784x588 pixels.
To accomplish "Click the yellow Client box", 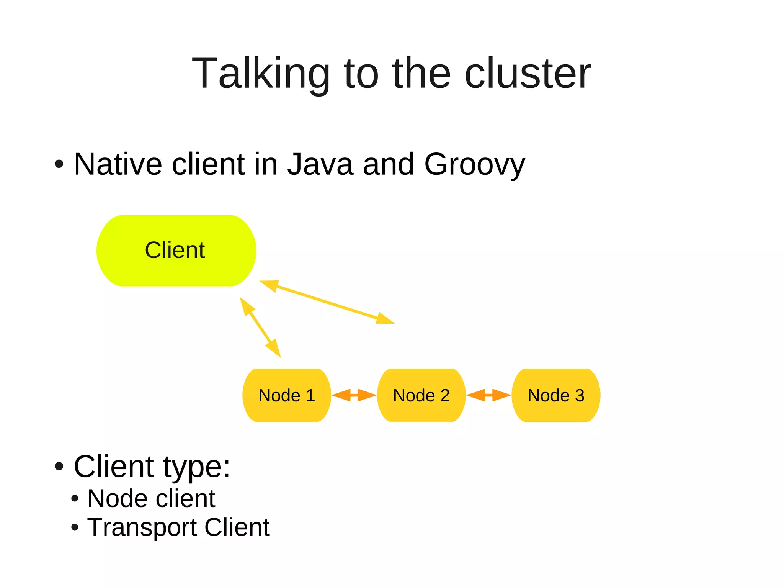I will click(176, 251).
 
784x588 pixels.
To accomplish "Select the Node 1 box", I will click(286, 395).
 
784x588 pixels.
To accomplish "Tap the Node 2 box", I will click(421, 395).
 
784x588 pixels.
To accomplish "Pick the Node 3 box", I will click(556, 395).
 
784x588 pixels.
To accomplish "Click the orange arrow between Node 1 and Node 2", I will click(354, 395).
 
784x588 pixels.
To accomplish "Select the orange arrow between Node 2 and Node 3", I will click(489, 395).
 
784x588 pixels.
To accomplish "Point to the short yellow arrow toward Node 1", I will click(260, 327).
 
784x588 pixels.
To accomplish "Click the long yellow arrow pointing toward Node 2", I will click(327, 302).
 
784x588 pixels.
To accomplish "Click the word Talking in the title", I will click(261, 74).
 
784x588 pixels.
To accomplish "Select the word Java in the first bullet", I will click(320, 164).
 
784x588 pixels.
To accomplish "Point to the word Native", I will click(118, 164).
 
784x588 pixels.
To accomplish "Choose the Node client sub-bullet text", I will click(151, 499).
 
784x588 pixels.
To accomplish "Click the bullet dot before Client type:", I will click(59, 467).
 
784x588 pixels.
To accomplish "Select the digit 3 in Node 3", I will click(580, 395).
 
